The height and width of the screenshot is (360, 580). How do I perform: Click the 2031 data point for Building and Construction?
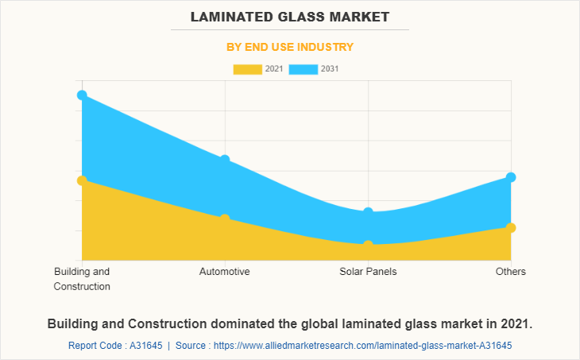click(x=82, y=95)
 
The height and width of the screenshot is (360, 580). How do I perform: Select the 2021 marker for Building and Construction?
click(x=82, y=180)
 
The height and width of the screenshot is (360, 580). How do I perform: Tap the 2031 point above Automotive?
click(x=225, y=160)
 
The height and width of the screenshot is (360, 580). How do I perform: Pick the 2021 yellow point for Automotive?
click(x=225, y=219)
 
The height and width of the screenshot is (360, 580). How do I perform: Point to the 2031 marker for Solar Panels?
click(x=368, y=212)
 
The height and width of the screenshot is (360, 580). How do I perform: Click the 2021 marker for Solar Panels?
click(x=368, y=246)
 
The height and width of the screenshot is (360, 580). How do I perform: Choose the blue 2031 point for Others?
click(x=511, y=177)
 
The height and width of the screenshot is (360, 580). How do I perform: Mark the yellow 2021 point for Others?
click(x=511, y=228)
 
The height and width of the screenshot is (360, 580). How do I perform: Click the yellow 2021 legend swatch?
click(x=247, y=69)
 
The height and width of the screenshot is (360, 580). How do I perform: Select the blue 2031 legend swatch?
click(x=304, y=69)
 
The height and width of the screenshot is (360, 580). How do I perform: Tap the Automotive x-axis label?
click(x=225, y=272)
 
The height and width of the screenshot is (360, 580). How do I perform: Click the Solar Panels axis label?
click(x=368, y=272)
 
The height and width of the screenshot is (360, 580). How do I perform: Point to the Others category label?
click(x=511, y=272)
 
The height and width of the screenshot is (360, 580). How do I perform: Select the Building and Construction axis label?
click(x=82, y=279)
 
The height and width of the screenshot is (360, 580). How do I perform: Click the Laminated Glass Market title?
click(x=290, y=16)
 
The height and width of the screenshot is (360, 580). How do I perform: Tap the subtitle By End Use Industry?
click(x=290, y=47)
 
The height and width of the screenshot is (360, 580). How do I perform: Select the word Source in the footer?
click(x=193, y=346)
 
